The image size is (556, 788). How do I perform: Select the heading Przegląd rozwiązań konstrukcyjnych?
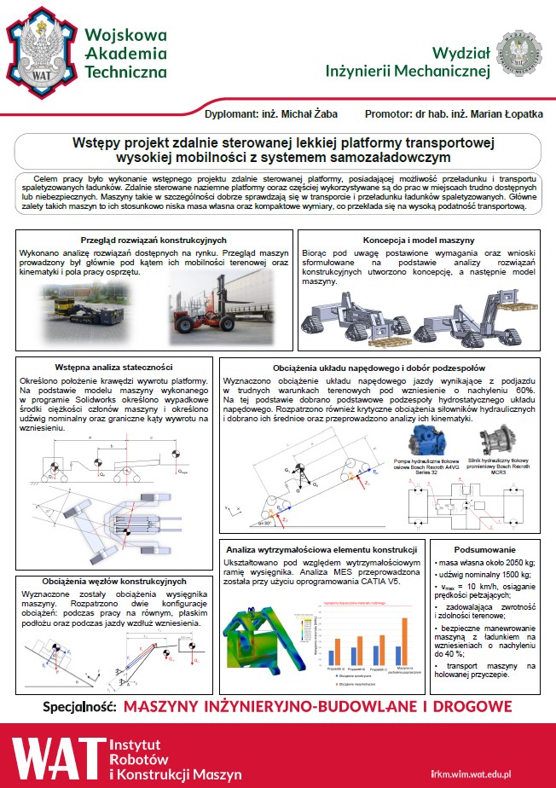(x=153, y=241)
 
